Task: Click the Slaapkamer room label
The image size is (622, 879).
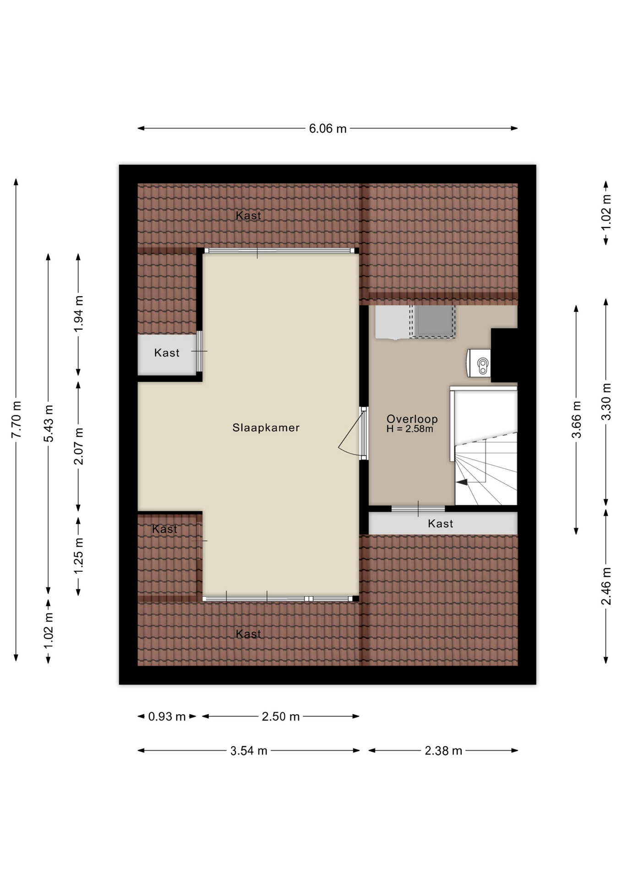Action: [266, 428]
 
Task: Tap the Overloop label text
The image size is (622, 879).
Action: [412, 418]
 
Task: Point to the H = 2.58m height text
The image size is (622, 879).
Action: [409, 429]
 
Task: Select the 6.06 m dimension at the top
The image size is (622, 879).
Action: [327, 129]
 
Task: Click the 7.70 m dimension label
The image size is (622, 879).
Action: [16, 419]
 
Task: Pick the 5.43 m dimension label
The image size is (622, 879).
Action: [49, 423]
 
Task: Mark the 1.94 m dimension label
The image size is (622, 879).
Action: [79, 314]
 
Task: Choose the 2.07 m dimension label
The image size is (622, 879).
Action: [79, 446]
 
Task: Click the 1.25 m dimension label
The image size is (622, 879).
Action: [79, 556]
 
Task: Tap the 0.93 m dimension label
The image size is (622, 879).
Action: [167, 716]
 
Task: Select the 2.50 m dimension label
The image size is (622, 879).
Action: [280, 716]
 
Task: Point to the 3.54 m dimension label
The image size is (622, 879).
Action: [249, 751]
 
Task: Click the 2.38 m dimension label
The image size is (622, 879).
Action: [443, 751]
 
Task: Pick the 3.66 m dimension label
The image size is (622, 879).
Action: [576, 419]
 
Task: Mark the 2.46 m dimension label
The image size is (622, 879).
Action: [606, 586]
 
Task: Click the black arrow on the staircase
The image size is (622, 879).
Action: [462, 482]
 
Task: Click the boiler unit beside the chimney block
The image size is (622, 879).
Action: [479, 364]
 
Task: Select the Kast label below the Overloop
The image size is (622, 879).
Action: [440, 524]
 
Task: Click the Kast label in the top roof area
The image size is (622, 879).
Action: [248, 216]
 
